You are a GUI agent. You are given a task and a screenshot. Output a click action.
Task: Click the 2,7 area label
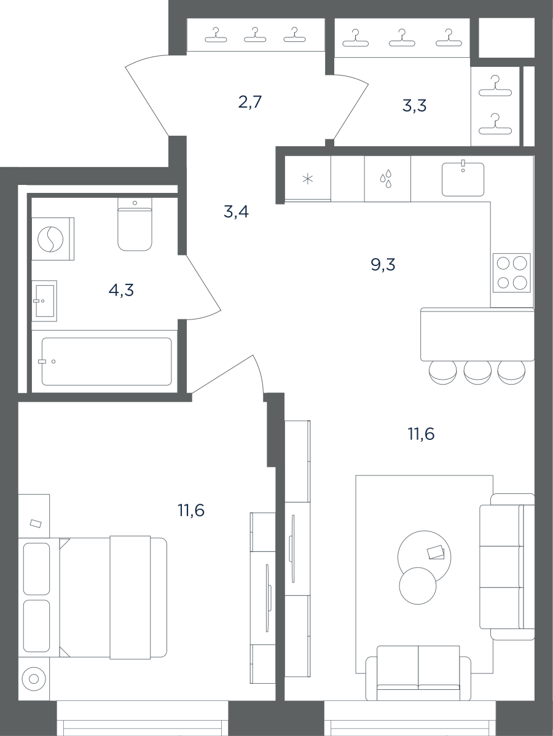(249, 102)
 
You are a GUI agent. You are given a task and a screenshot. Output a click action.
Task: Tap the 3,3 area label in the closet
(415, 106)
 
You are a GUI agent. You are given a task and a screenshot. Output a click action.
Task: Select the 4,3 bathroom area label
(121, 291)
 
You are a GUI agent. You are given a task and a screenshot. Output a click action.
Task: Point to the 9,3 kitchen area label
(383, 265)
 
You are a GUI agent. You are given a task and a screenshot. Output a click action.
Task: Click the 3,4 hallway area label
(236, 212)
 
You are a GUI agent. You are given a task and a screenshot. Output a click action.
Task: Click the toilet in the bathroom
(135, 224)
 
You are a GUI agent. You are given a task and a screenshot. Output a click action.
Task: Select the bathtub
(106, 361)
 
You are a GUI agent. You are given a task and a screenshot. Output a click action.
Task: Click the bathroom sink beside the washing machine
(44, 301)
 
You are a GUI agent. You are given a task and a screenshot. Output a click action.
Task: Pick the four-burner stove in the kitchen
(512, 273)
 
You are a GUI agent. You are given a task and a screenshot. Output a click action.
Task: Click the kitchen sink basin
(463, 179)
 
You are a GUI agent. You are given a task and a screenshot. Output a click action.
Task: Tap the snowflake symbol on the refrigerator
(307, 179)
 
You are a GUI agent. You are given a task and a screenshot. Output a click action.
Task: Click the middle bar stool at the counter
(477, 373)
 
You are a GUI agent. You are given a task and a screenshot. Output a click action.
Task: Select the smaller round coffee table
(418, 585)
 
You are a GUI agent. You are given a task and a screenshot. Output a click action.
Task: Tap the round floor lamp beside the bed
(34, 679)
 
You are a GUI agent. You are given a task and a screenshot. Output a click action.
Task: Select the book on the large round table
(436, 552)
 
